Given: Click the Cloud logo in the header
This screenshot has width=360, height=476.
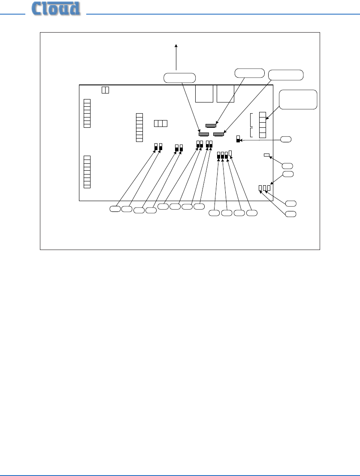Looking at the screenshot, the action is (56, 9).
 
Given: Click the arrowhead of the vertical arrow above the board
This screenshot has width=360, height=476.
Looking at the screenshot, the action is (176, 46).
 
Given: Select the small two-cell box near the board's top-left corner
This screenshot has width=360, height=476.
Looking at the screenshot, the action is (106, 90).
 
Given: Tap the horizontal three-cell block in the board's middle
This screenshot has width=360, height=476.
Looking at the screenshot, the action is (161, 124).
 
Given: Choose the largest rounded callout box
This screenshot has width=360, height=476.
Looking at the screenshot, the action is (298, 99).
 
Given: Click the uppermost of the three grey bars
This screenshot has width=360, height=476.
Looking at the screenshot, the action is (211, 126).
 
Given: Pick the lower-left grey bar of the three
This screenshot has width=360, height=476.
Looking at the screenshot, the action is (204, 134).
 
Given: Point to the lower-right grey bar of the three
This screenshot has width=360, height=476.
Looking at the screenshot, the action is (219, 134).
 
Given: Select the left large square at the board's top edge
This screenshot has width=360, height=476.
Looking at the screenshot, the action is (204, 93).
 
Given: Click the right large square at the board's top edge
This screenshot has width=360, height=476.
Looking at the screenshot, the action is (225, 93).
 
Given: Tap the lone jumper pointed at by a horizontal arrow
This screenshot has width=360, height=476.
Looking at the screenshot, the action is (238, 139).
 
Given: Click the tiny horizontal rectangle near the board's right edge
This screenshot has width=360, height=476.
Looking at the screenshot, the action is (267, 155).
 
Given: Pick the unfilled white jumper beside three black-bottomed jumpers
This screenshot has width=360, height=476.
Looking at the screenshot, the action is (230, 153).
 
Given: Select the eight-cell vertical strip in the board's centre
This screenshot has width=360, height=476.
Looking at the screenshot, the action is (139, 127).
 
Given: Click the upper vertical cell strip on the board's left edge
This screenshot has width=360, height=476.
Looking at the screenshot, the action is (87, 113).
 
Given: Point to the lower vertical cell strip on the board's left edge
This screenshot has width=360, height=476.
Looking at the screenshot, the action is (87, 172).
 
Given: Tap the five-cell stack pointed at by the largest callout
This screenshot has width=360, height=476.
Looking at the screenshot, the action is (263, 125).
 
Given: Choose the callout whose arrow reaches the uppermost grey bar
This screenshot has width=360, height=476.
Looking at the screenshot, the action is (250, 73).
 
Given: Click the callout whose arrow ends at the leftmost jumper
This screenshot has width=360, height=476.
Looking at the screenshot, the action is (115, 208).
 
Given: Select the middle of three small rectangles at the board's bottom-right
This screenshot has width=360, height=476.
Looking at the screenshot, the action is (265, 188).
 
